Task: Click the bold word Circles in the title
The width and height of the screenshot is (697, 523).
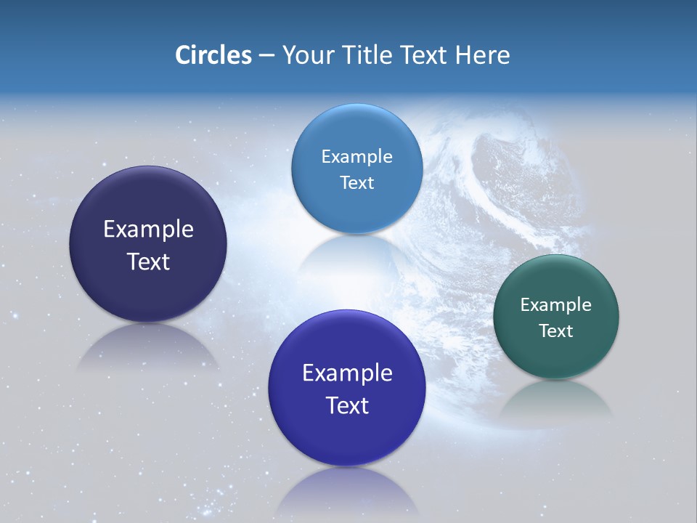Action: [x=213, y=55]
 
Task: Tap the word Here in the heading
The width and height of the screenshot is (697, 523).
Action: [x=483, y=55]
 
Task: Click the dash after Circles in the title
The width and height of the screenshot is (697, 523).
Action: [x=266, y=55]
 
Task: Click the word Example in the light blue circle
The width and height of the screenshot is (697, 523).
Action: [x=356, y=157]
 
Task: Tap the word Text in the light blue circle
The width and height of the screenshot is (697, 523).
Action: [x=356, y=182]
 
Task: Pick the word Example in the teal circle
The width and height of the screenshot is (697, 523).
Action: [x=555, y=305]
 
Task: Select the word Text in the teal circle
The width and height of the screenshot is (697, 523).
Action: [x=555, y=331]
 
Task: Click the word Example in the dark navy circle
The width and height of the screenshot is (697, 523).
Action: [x=148, y=230]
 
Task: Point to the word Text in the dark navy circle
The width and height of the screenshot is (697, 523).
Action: [x=148, y=261]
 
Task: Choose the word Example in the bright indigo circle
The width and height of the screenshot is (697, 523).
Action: [x=347, y=373]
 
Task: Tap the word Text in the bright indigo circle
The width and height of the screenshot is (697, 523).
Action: [x=347, y=405]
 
